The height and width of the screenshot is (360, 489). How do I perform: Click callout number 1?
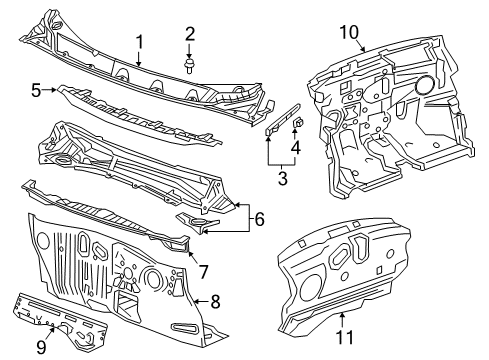(140, 41)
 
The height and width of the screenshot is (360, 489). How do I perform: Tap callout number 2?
(189, 37)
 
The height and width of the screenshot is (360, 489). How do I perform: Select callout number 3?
(283, 180)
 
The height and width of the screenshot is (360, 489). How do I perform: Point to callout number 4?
(295, 150)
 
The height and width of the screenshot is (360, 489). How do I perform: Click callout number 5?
(36, 90)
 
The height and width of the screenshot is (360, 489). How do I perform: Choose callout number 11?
(346, 338)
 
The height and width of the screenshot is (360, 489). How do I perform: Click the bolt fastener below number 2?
(189, 66)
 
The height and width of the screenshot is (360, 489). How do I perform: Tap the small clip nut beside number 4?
(297, 124)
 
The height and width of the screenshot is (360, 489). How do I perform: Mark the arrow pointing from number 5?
(50, 90)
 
